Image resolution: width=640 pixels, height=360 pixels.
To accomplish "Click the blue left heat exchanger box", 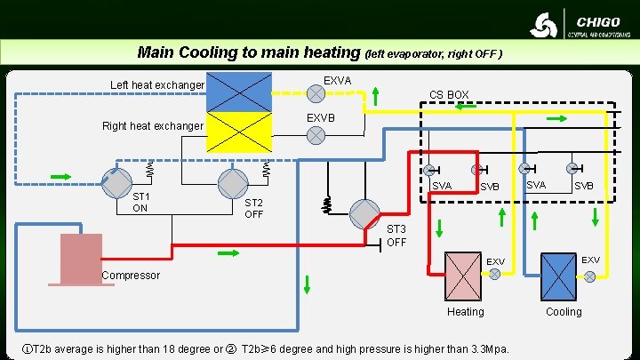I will (x=239, y=92).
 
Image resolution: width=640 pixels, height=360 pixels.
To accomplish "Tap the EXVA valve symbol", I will (x=315, y=92).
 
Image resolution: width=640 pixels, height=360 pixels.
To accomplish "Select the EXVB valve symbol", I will (x=315, y=135).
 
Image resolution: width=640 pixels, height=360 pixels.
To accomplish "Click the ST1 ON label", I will (x=140, y=202).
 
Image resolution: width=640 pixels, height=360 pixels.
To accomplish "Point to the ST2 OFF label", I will (x=254, y=207).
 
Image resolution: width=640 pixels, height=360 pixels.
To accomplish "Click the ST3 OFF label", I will (x=396, y=236).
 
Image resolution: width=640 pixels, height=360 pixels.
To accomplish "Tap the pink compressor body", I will (x=81, y=258).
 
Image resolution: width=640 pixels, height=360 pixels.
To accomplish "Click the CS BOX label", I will (x=449, y=95).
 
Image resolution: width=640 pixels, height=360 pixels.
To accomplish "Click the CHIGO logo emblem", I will (x=544, y=24).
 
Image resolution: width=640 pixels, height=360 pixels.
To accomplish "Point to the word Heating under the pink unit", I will (x=466, y=312).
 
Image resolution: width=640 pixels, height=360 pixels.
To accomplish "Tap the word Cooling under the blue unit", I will (x=564, y=312).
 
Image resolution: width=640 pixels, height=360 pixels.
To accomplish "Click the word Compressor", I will (x=131, y=276).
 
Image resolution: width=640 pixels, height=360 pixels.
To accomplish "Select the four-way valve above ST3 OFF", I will (x=364, y=213).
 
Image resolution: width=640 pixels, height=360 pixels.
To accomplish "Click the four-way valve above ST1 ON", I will (x=116, y=182).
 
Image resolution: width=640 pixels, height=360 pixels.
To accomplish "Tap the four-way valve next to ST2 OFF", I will (x=232, y=182).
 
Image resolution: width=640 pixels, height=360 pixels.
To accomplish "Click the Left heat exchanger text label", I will (x=157, y=85).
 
